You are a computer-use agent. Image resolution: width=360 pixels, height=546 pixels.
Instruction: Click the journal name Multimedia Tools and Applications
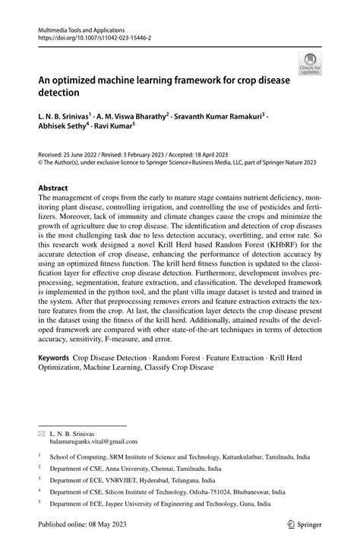click(81, 27)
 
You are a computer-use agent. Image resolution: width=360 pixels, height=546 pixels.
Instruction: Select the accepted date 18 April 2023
click(215, 153)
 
